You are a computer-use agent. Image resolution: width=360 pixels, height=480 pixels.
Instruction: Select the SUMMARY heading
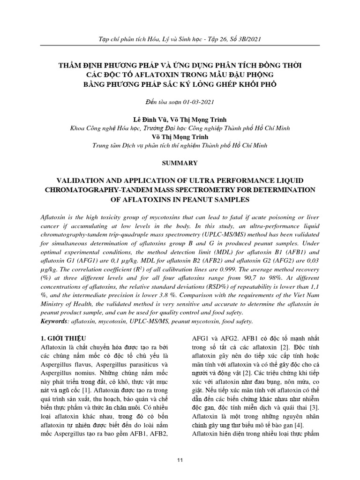[180, 163]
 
